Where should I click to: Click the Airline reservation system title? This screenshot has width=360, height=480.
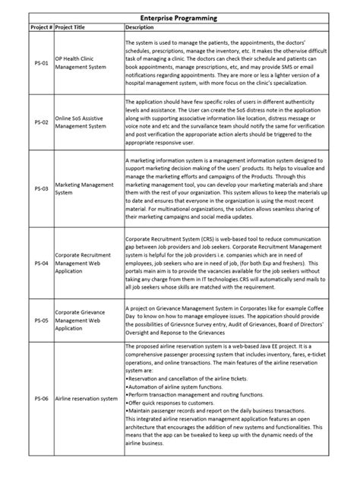[87, 398]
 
